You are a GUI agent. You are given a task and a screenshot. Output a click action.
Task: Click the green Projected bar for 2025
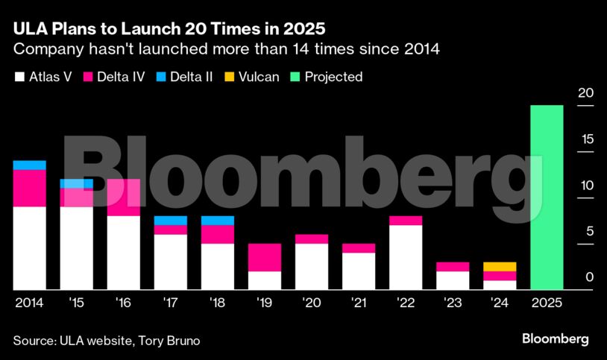(547, 198)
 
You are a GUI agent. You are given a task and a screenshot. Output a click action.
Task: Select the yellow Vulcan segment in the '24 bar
(500, 266)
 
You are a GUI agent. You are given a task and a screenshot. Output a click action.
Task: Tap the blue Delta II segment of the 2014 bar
(30, 165)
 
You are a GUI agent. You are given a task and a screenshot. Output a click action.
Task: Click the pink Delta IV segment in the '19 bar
(265, 257)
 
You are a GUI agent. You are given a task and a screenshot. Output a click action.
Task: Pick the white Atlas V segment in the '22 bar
(406, 257)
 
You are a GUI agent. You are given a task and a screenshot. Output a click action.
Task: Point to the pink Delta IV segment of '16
(123, 198)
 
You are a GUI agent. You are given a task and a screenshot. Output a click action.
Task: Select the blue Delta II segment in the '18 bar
(218, 220)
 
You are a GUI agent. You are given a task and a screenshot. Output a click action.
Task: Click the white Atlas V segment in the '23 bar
(453, 280)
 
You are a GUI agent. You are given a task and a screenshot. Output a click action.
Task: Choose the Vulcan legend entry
(253, 77)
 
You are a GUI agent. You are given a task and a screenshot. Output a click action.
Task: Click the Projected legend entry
(327, 77)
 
